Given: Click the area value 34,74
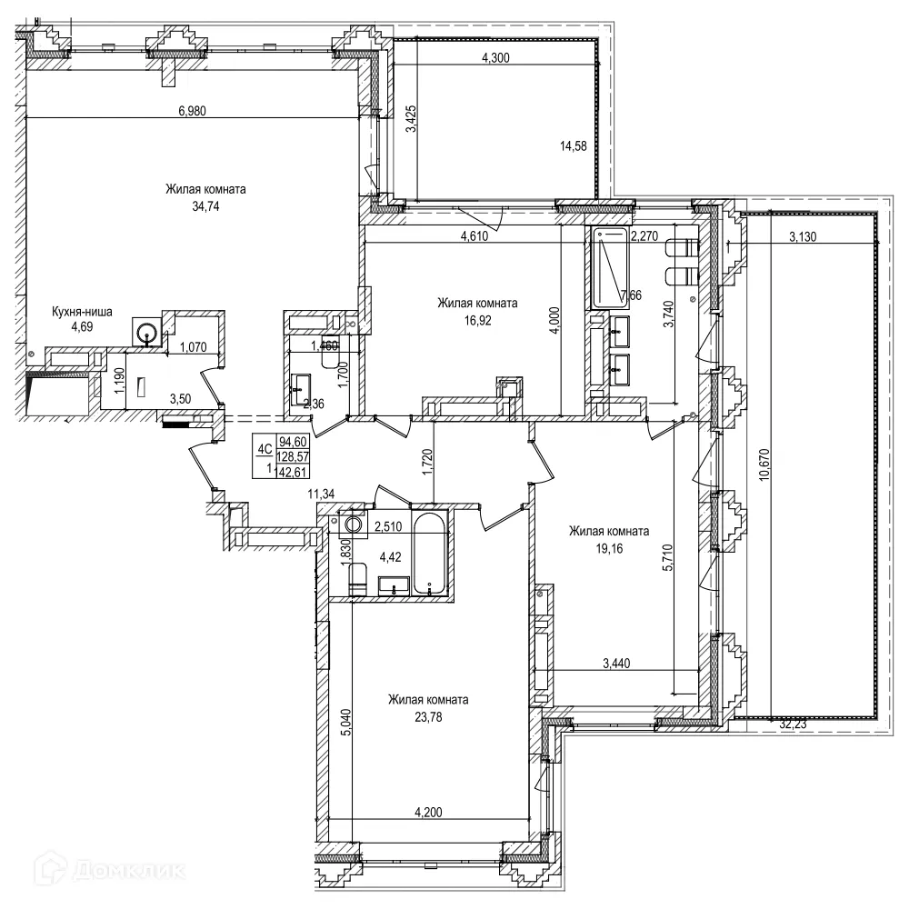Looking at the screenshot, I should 205,206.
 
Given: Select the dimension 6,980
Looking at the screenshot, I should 194,111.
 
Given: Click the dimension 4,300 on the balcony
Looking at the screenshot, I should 494,58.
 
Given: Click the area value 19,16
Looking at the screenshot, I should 608,548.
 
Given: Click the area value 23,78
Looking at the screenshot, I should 427,716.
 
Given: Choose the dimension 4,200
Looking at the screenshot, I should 428,812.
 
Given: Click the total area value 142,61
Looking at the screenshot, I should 291,470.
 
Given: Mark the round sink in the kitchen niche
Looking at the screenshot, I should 145,334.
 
